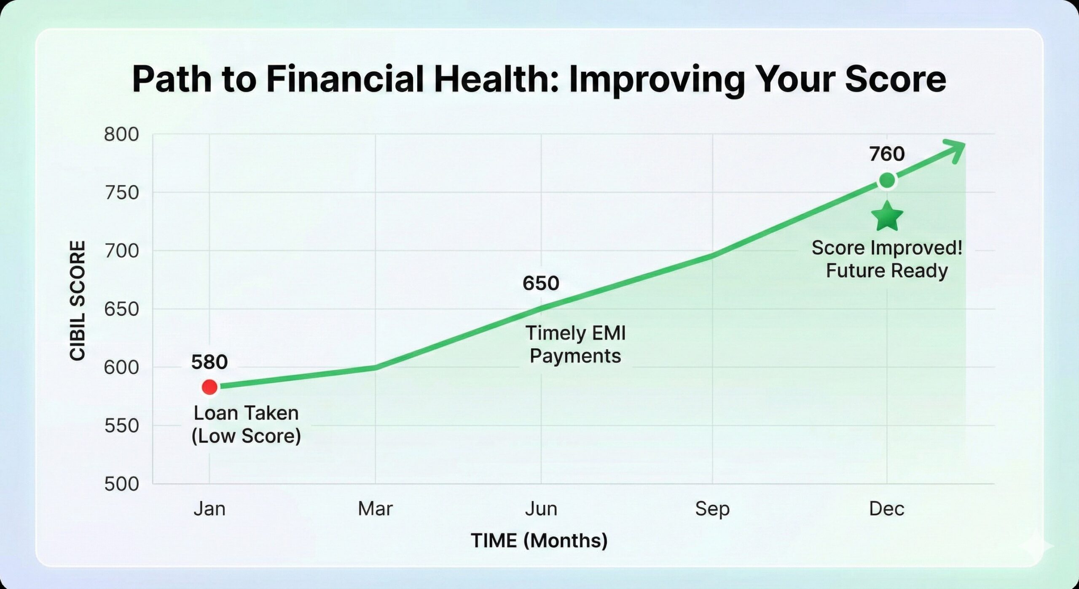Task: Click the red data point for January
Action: point(209,386)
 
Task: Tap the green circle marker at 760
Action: point(887,181)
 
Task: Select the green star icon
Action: point(887,216)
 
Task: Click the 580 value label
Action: point(209,362)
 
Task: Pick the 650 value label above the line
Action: point(541,283)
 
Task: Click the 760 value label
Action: point(887,154)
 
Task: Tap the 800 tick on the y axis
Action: point(121,135)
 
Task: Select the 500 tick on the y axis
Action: point(121,484)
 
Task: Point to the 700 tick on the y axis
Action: point(121,251)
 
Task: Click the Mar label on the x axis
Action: point(375,509)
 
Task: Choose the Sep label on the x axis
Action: point(712,509)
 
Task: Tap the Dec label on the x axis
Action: point(887,509)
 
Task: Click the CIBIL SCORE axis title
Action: point(78,301)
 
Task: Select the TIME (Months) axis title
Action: point(539,541)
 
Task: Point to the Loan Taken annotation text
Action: point(246,413)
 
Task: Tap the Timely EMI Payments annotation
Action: point(575,344)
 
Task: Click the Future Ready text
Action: point(887,270)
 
